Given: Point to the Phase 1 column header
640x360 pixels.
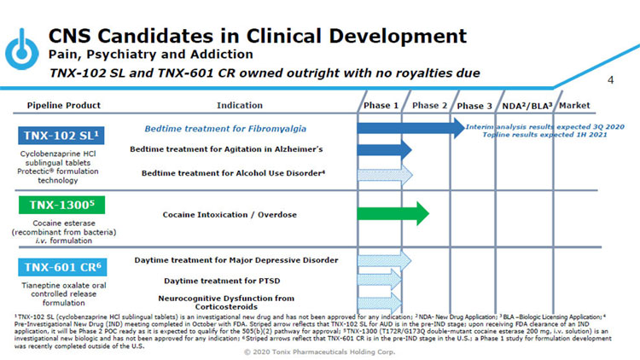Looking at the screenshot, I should [x=381, y=106].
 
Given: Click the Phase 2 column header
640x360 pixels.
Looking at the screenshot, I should [x=430, y=106].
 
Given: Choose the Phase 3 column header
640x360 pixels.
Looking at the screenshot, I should [x=474, y=106].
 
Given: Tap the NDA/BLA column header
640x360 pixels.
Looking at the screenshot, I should [x=524, y=106].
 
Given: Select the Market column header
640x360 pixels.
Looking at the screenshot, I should [x=574, y=106].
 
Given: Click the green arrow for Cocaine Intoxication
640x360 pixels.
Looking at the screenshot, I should [x=392, y=213].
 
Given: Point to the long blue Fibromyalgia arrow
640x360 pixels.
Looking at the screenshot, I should [x=410, y=128].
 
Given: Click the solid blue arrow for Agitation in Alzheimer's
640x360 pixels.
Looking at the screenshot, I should [x=383, y=149].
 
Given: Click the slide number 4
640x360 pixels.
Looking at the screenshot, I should [x=610, y=80].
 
